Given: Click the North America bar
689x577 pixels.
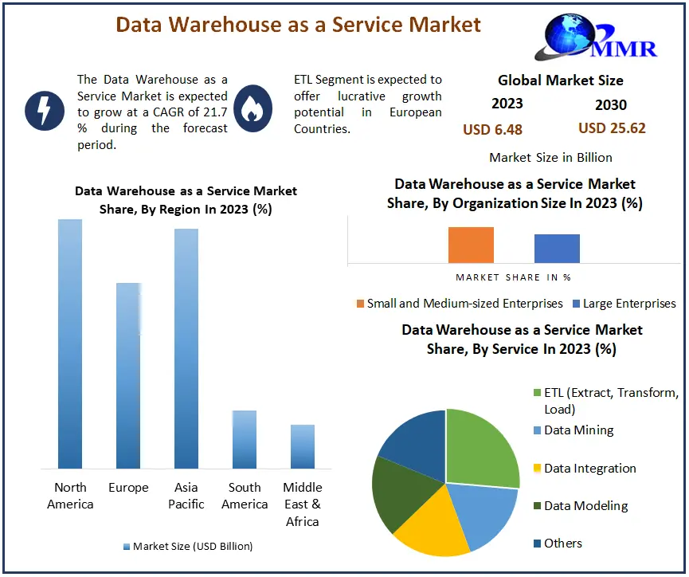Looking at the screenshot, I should point(70,343).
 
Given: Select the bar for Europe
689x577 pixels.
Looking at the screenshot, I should point(128,375).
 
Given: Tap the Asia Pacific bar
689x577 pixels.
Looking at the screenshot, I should point(186,347).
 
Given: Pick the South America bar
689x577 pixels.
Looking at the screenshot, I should point(245,439).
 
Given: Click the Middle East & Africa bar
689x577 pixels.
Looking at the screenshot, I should point(303,446).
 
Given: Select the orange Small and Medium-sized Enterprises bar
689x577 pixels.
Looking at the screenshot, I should point(471,245).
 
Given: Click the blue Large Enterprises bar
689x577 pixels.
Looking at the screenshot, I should point(557,248).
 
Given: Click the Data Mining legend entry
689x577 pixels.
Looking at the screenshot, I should point(578,430).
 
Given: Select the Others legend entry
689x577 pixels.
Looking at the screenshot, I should point(562,544).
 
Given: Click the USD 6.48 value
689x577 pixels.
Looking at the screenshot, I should point(492,129).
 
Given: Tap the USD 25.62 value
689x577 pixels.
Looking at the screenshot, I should point(612,128).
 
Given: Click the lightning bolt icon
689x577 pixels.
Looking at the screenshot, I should point(45,109).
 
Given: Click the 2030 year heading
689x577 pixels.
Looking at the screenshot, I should point(611,104).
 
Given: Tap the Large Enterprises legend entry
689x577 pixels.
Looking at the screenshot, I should point(628,304).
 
